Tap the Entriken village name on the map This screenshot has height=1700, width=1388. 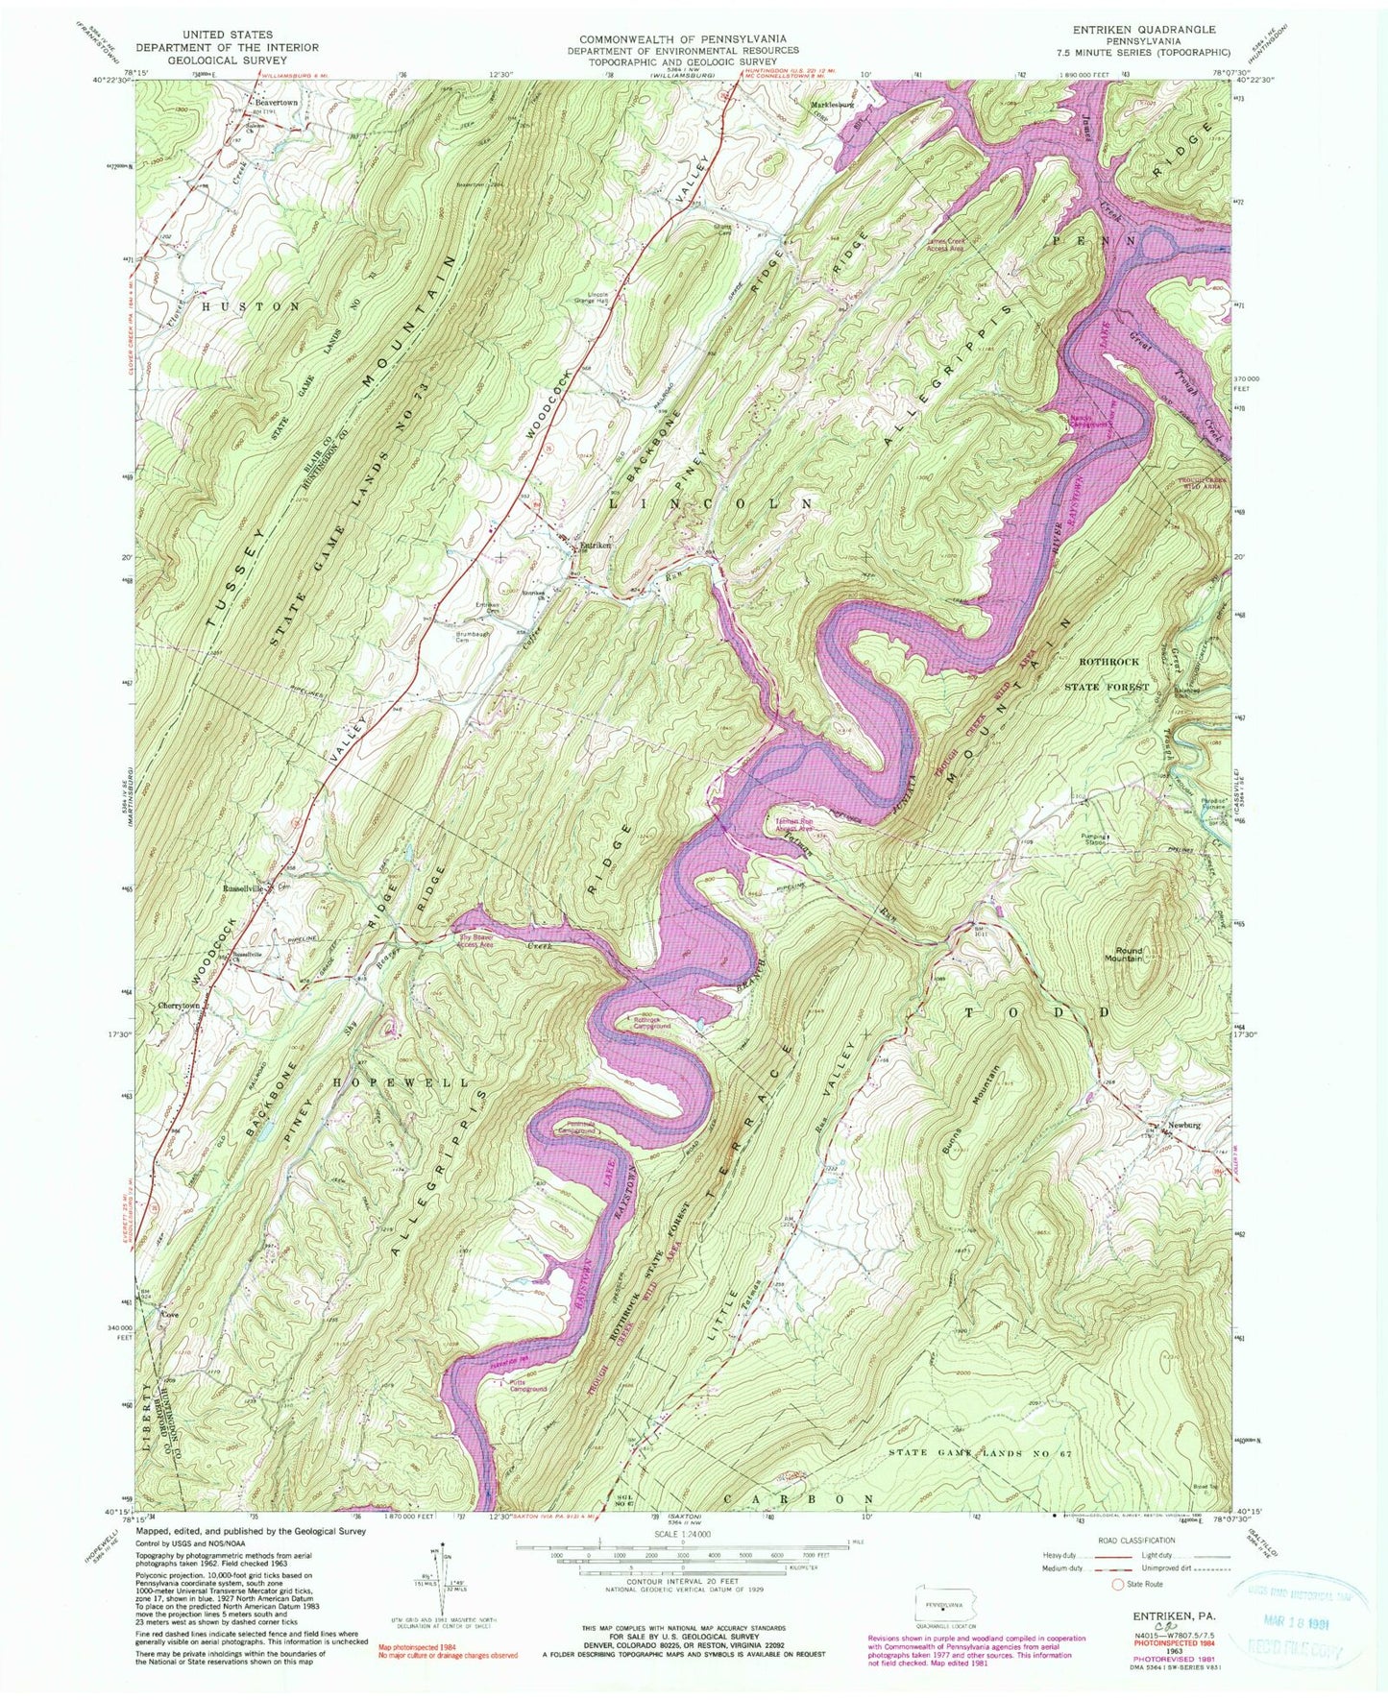tap(597, 546)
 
